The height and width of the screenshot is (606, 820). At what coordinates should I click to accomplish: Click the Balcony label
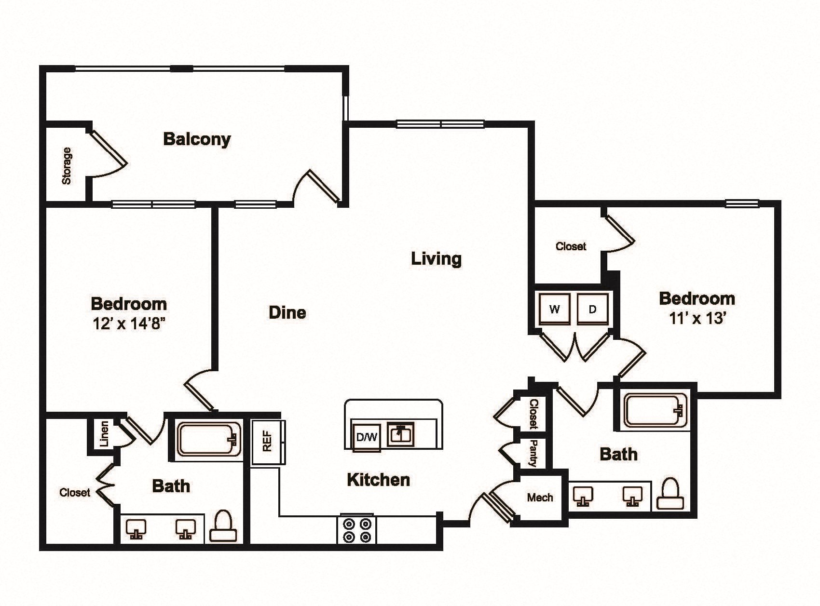(197, 139)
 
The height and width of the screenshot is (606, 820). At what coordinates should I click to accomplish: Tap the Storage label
(66, 166)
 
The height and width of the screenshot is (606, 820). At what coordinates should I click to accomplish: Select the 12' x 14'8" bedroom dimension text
(129, 323)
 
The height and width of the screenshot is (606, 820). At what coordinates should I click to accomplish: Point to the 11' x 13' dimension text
(697, 318)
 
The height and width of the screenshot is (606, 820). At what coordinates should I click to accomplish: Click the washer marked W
(554, 309)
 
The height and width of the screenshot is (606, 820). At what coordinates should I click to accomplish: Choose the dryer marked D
(593, 309)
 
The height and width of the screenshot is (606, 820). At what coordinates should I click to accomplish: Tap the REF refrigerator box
(268, 442)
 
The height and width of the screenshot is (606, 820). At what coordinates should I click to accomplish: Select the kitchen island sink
(400, 435)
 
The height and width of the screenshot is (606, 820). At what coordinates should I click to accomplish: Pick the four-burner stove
(356, 529)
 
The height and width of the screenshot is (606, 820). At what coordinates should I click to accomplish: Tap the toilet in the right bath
(671, 494)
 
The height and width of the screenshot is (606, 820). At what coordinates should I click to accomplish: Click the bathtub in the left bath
(209, 439)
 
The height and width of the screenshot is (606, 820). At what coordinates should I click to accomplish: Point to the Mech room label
(540, 498)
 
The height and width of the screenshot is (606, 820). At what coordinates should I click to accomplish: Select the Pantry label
(533, 453)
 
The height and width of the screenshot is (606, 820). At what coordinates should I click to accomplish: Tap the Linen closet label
(104, 433)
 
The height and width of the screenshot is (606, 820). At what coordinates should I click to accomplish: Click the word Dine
(287, 312)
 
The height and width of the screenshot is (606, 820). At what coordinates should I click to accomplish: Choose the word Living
(436, 259)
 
